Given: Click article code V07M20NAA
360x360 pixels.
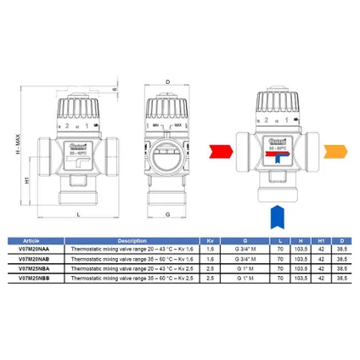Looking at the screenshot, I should tap(35, 250).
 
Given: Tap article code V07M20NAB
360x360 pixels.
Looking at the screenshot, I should tap(35, 260).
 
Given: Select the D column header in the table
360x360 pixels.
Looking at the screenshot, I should tap(340, 240).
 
